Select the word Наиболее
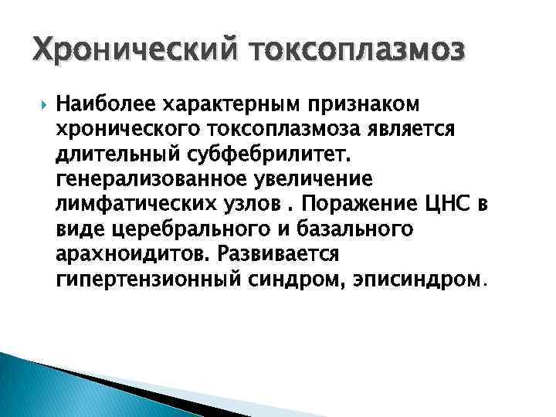click(x=103, y=103)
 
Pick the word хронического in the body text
click(x=126, y=129)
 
